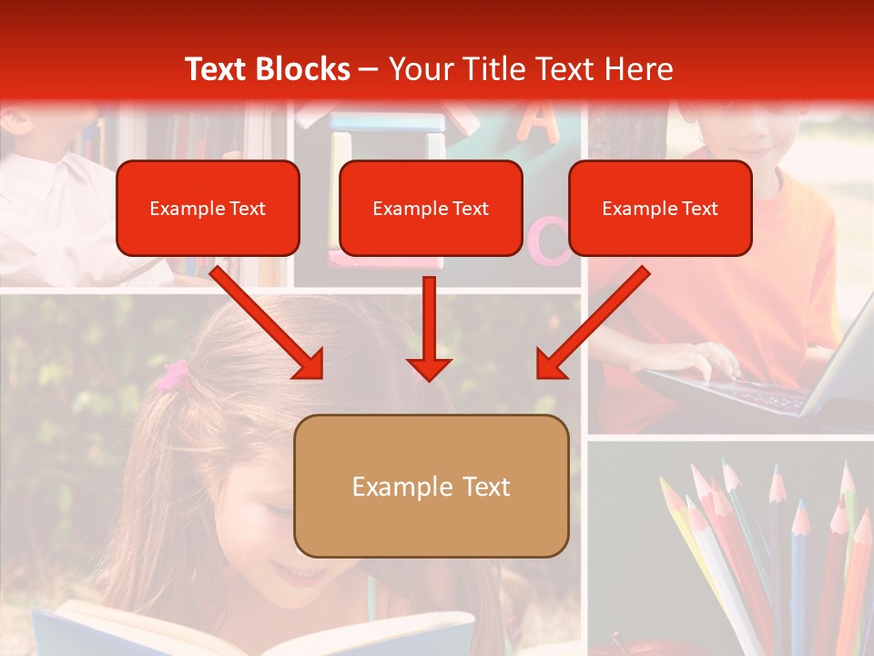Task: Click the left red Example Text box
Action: [208, 209]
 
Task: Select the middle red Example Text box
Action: [431, 209]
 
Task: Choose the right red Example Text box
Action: [660, 209]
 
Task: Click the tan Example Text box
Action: [432, 487]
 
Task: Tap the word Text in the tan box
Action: [486, 487]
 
